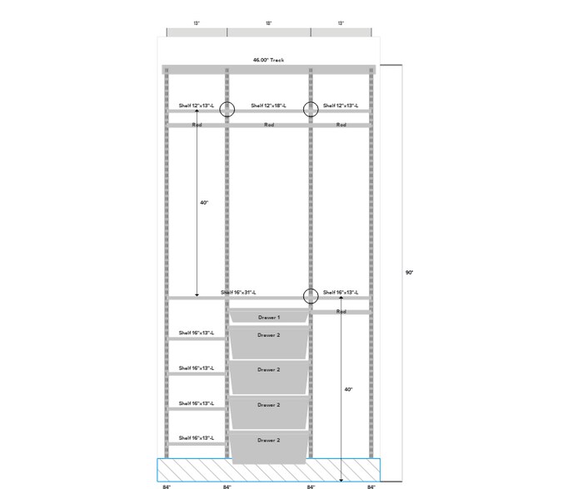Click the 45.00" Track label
[269, 60]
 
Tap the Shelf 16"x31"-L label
[238, 293]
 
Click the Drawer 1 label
[268, 318]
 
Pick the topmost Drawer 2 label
[268, 334]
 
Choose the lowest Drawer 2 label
[268, 440]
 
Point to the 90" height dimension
[409, 272]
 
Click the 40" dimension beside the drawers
[348, 389]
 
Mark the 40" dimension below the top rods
[204, 203]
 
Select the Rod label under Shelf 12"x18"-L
[269, 125]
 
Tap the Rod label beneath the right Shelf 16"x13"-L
[341, 311]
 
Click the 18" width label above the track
[269, 24]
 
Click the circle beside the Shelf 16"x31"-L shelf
[311, 294]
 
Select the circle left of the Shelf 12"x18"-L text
[227, 108]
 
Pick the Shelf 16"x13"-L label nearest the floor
[197, 437]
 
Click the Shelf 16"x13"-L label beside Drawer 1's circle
[341, 293]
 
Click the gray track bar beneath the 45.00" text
[269, 69]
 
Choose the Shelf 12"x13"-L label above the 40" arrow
[197, 106]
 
